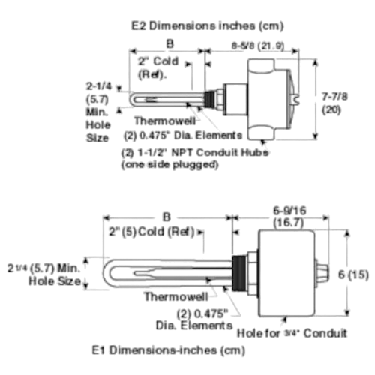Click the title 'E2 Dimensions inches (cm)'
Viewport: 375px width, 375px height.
[x=208, y=26]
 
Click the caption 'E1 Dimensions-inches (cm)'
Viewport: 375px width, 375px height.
[x=169, y=350]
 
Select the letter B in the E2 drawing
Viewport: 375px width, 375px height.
[x=169, y=44]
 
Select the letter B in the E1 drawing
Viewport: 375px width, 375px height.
[x=166, y=217]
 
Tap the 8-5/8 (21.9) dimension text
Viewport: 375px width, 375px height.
[x=258, y=46]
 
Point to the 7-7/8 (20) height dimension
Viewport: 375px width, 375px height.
[x=334, y=103]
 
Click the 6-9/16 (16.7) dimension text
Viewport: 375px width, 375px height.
[x=289, y=217]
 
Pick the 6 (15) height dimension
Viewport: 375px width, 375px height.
[x=353, y=274]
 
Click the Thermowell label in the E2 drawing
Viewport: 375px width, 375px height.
[x=165, y=121]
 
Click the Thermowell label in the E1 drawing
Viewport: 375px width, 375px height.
[x=176, y=297]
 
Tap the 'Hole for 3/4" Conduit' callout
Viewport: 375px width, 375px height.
[x=292, y=333]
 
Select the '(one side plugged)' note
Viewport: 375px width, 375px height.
[x=169, y=165]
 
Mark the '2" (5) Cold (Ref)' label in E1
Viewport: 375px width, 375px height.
[x=151, y=232]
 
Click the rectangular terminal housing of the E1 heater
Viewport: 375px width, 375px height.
[x=286, y=273]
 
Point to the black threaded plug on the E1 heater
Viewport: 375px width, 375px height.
[x=238, y=273]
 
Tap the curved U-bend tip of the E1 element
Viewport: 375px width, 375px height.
[x=107, y=273]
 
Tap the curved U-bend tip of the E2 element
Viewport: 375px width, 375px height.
[x=132, y=100]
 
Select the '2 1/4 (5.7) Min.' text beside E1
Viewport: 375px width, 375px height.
[x=43, y=268]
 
